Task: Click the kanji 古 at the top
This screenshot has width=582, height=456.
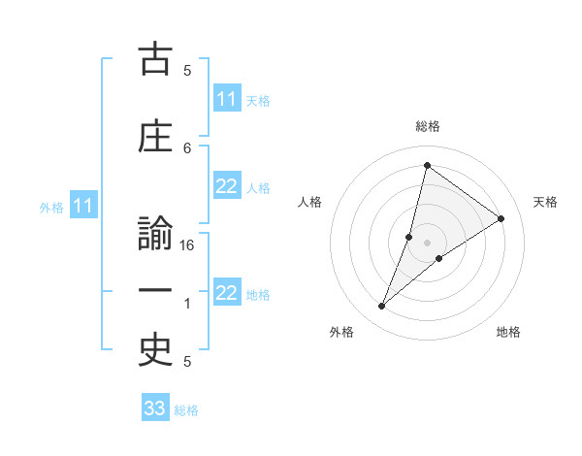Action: pyautogui.click(x=155, y=62)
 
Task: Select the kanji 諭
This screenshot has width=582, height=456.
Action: pyautogui.click(x=155, y=237)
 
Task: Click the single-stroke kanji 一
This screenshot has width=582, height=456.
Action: pyautogui.click(x=155, y=292)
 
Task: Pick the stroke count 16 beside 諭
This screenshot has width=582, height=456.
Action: pyautogui.click(x=187, y=245)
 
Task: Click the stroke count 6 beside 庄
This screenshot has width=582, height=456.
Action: pyautogui.click(x=187, y=147)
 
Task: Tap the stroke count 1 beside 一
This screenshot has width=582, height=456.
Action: pyautogui.click(x=187, y=304)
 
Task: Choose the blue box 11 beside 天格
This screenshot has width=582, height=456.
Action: pyautogui.click(x=227, y=99)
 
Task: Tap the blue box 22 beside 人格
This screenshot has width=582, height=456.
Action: pyautogui.click(x=227, y=186)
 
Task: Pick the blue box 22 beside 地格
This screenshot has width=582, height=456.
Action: pyautogui.click(x=227, y=293)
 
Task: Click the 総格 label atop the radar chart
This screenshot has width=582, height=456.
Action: pyautogui.click(x=428, y=127)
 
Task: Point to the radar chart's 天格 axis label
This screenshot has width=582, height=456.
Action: pyautogui.click(x=545, y=202)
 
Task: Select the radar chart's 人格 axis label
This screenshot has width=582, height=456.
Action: pyautogui.click(x=309, y=202)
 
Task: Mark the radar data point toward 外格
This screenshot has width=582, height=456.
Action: pyautogui.click(x=382, y=307)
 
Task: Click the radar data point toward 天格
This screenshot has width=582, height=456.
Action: pyautogui.click(x=501, y=218)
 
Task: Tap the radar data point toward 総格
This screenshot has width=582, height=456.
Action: pyautogui.click(x=427, y=165)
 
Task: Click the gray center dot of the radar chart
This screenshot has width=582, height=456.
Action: pyautogui.click(x=428, y=242)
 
